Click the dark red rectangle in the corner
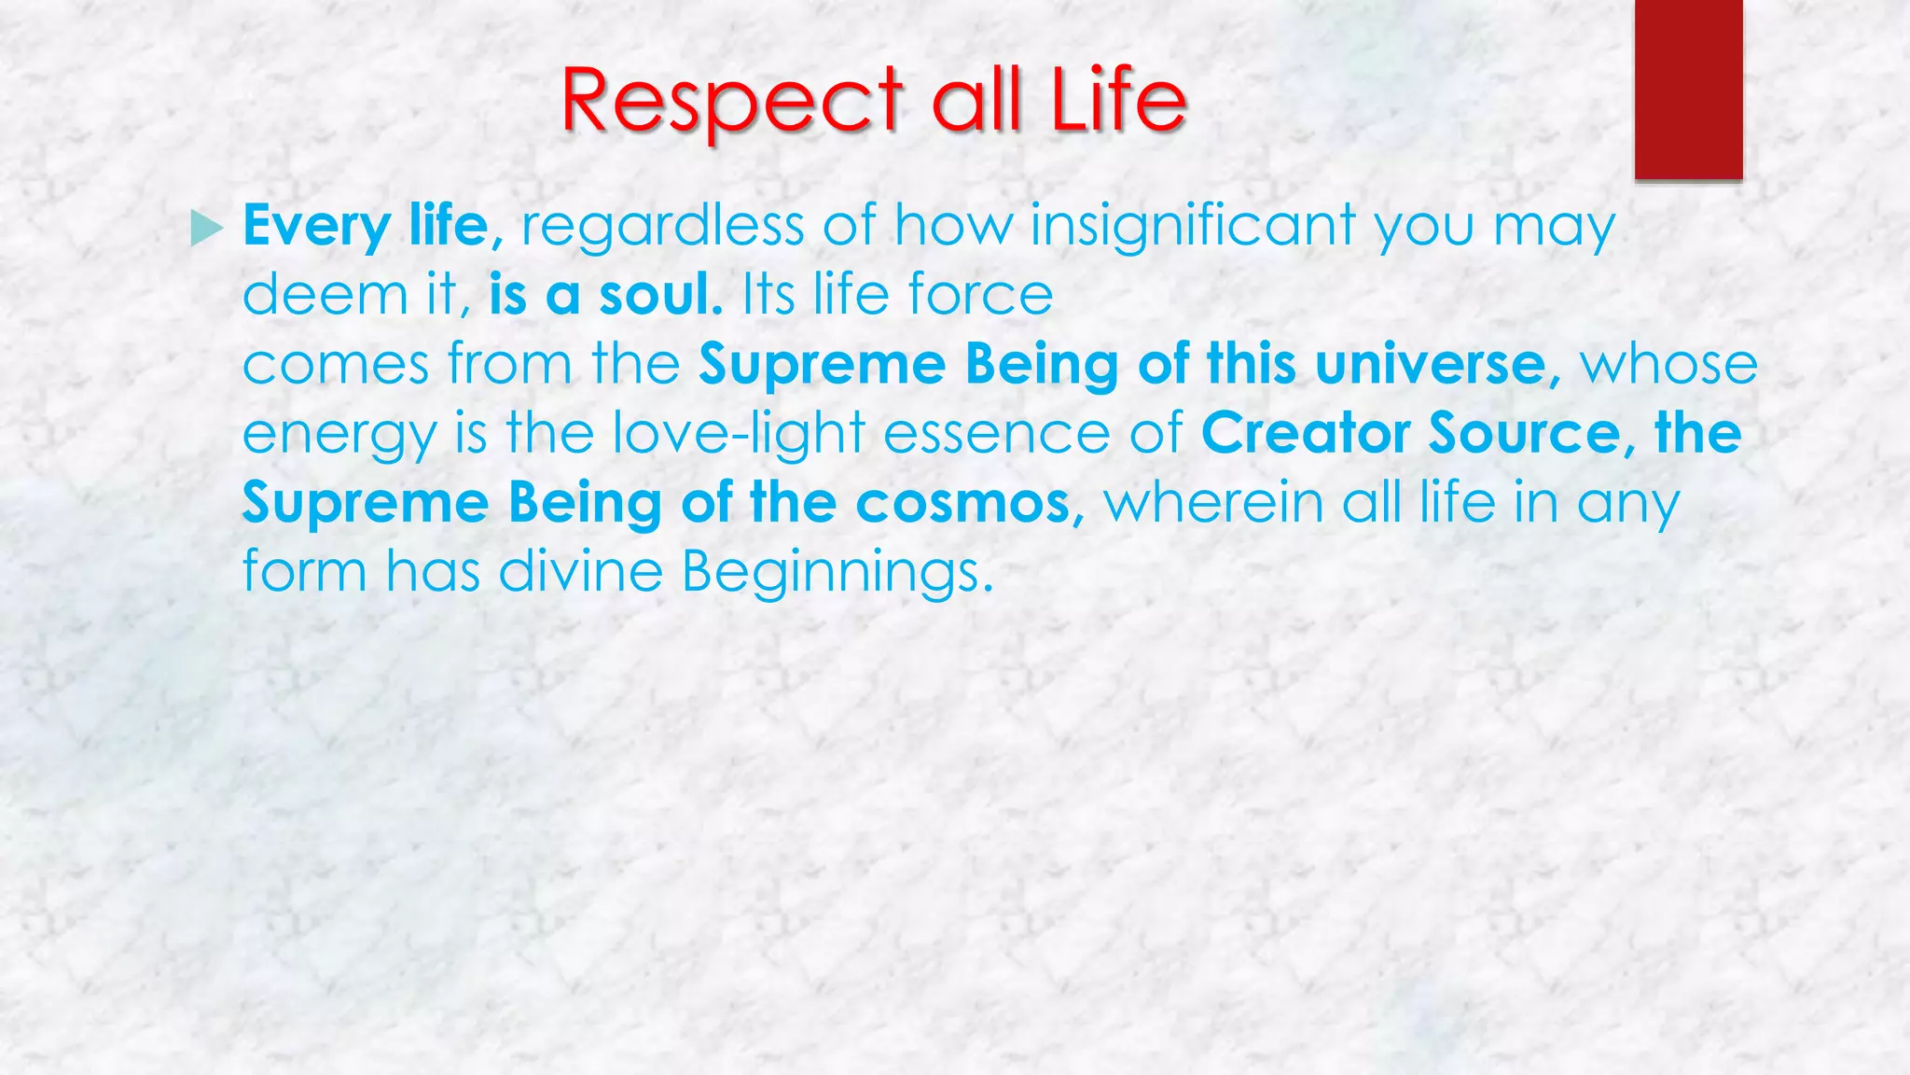coord(1688,89)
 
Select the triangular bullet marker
coord(206,228)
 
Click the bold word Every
coord(316,227)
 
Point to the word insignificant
coord(1193,227)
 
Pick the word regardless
coord(662,227)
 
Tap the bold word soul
coord(659,295)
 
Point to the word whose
coord(1668,364)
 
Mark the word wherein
coord(1213,503)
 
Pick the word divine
coord(580,571)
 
